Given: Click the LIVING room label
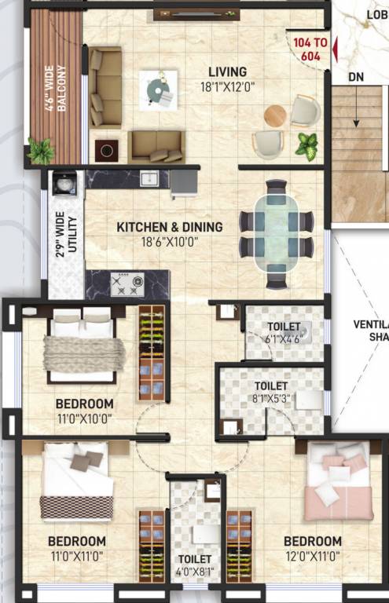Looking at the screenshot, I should click(226, 71).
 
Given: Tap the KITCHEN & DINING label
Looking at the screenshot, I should click(169, 227).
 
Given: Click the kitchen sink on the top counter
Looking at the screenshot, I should click(149, 179).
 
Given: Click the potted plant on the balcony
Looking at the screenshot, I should click(40, 149).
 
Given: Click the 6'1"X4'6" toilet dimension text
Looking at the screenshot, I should click(282, 340).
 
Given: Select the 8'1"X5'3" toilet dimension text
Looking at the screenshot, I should click(270, 399).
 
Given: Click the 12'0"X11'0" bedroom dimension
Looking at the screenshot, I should click(312, 556).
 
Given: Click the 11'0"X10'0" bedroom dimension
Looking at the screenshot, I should click(84, 418).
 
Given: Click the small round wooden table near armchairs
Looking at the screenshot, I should click(276, 115).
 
